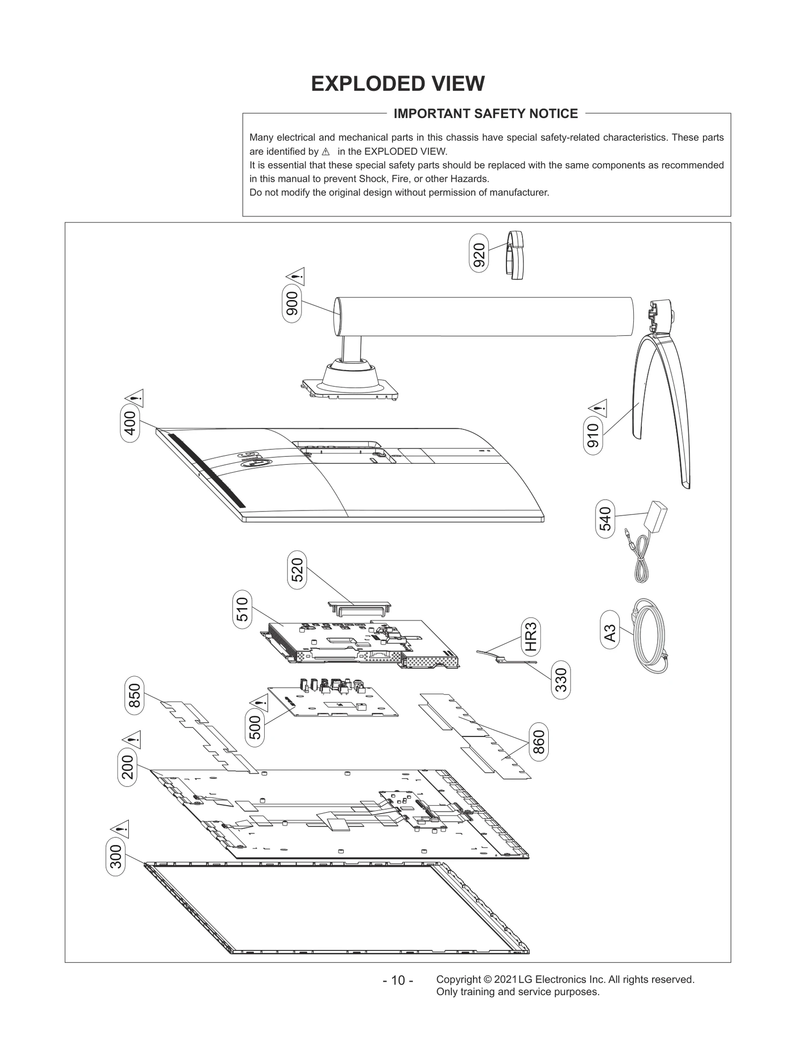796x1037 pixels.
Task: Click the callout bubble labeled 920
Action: point(479,256)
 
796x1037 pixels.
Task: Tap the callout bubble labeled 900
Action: point(292,304)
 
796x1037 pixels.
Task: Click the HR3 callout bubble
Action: point(531,637)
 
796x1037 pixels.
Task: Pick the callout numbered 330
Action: point(561,679)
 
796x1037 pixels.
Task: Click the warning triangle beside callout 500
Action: point(259,703)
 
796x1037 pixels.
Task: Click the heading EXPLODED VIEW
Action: point(398,84)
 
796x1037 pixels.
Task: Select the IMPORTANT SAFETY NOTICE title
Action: point(486,113)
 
